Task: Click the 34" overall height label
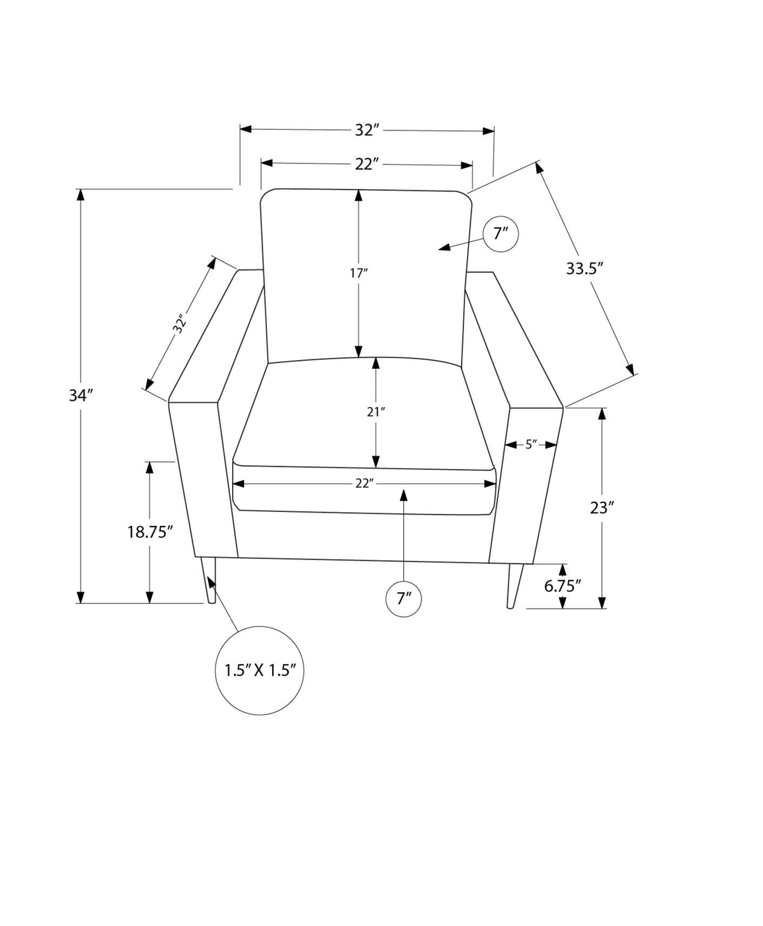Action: [x=81, y=395]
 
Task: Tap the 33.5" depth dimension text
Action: [x=585, y=268]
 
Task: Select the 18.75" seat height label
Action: [x=150, y=532]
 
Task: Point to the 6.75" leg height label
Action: [x=563, y=586]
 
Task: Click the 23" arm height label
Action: [x=602, y=508]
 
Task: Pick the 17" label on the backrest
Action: [x=359, y=273]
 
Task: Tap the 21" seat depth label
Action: [x=376, y=412]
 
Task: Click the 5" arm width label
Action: [x=531, y=445]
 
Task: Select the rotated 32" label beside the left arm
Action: [x=179, y=325]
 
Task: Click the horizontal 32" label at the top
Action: [x=368, y=130]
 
